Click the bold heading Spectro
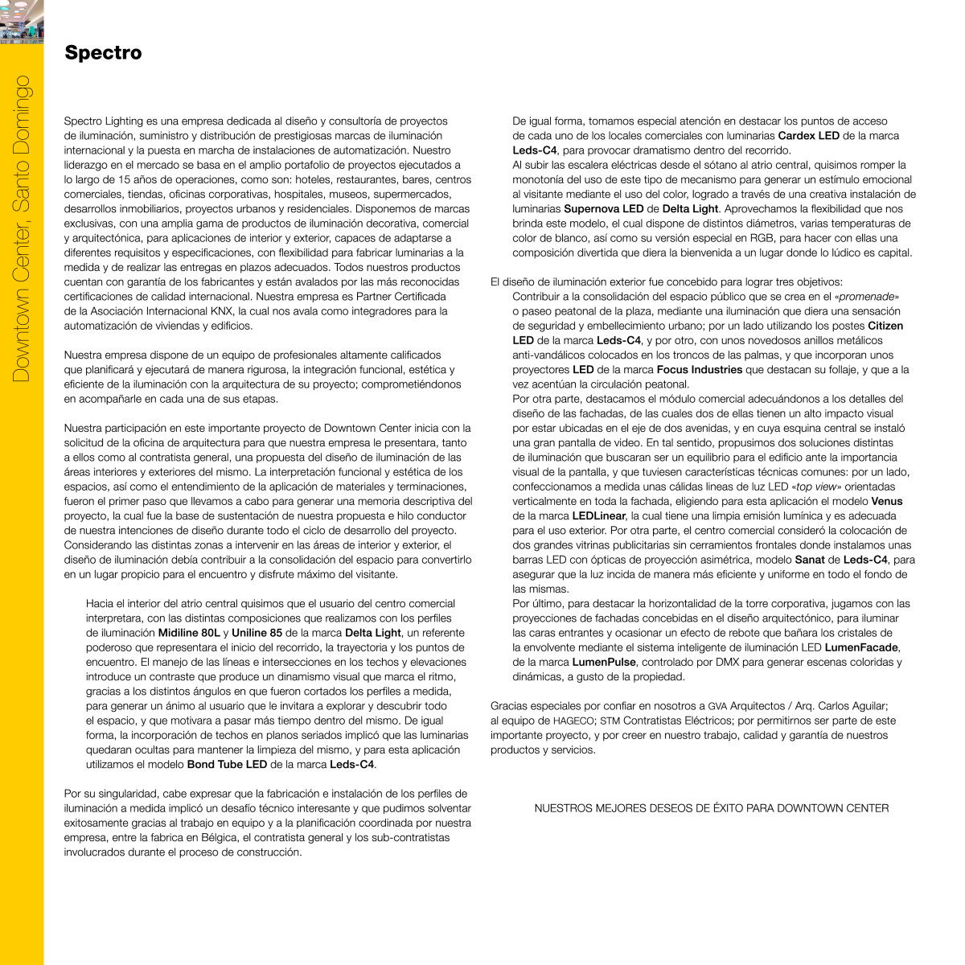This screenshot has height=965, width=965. (x=103, y=53)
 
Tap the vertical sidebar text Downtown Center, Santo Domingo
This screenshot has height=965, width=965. (x=21, y=228)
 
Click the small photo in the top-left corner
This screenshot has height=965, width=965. (x=21, y=21)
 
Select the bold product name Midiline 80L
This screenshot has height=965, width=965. (x=189, y=633)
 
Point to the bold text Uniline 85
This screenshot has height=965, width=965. (x=257, y=633)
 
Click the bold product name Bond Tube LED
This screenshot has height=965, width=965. (x=227, y=765)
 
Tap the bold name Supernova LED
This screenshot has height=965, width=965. (x=603, y=209)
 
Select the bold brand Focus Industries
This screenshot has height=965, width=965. (x=699, y=370)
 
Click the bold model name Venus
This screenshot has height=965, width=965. (x=887, y=502)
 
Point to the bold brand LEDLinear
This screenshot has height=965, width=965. (x=598, y=516)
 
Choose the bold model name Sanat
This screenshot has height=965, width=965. (x=809, y=560)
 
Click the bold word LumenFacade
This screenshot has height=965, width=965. (x=861, y=647)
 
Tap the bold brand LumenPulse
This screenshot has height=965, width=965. (x=604, y=663)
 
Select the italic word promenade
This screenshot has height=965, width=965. (x=868, y=297)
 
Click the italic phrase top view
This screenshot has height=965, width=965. (x=815, y=487)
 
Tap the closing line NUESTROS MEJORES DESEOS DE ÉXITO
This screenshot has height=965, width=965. (x=711, y=808)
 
